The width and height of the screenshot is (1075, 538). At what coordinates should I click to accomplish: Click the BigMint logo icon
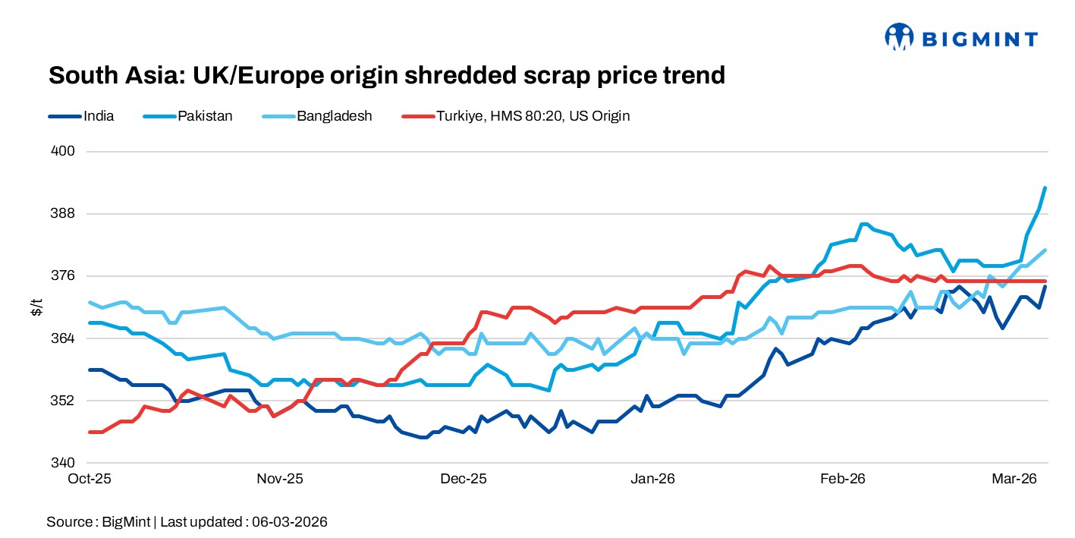click(x=899, y=36)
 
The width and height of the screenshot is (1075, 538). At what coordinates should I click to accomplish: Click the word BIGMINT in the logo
click(x=978, y=37)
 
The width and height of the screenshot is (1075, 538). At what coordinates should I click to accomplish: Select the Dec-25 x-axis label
click(x=464, y=480)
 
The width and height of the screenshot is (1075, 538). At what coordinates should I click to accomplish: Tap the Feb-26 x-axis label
click(x=843, y=480)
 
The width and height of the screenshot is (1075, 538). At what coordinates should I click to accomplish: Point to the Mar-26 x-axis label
click(x=1014, y=480)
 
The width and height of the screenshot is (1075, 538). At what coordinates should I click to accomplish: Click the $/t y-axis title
click(x=36, y=307)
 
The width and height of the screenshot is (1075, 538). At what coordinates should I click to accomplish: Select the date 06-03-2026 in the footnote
click(x=291, y=522)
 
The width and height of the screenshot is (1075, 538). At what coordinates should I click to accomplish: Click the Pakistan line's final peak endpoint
click(x=1045, y=187)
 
